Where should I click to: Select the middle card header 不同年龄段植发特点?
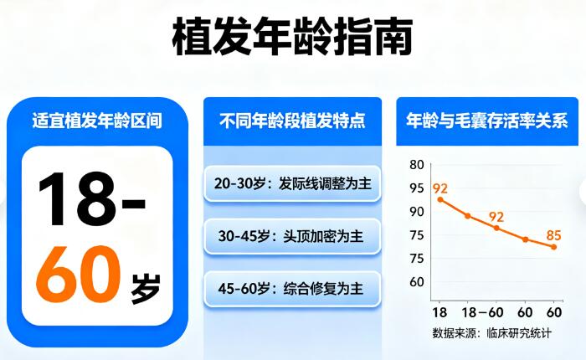click(292, 121)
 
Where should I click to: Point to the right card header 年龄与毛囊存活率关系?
click(486, 121)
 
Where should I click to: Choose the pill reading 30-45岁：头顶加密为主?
click(292, 236)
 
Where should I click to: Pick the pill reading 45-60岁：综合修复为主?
click(292, 288)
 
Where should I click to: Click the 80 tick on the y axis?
click(416, 164)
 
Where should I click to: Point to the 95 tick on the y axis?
click(416, 188)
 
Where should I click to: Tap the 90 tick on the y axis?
click(416, 211)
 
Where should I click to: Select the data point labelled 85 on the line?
click(553, 246)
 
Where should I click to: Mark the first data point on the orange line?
click(440, 199)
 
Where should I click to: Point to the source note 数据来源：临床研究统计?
click(491, 333)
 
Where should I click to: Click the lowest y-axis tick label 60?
click(416, 281)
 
